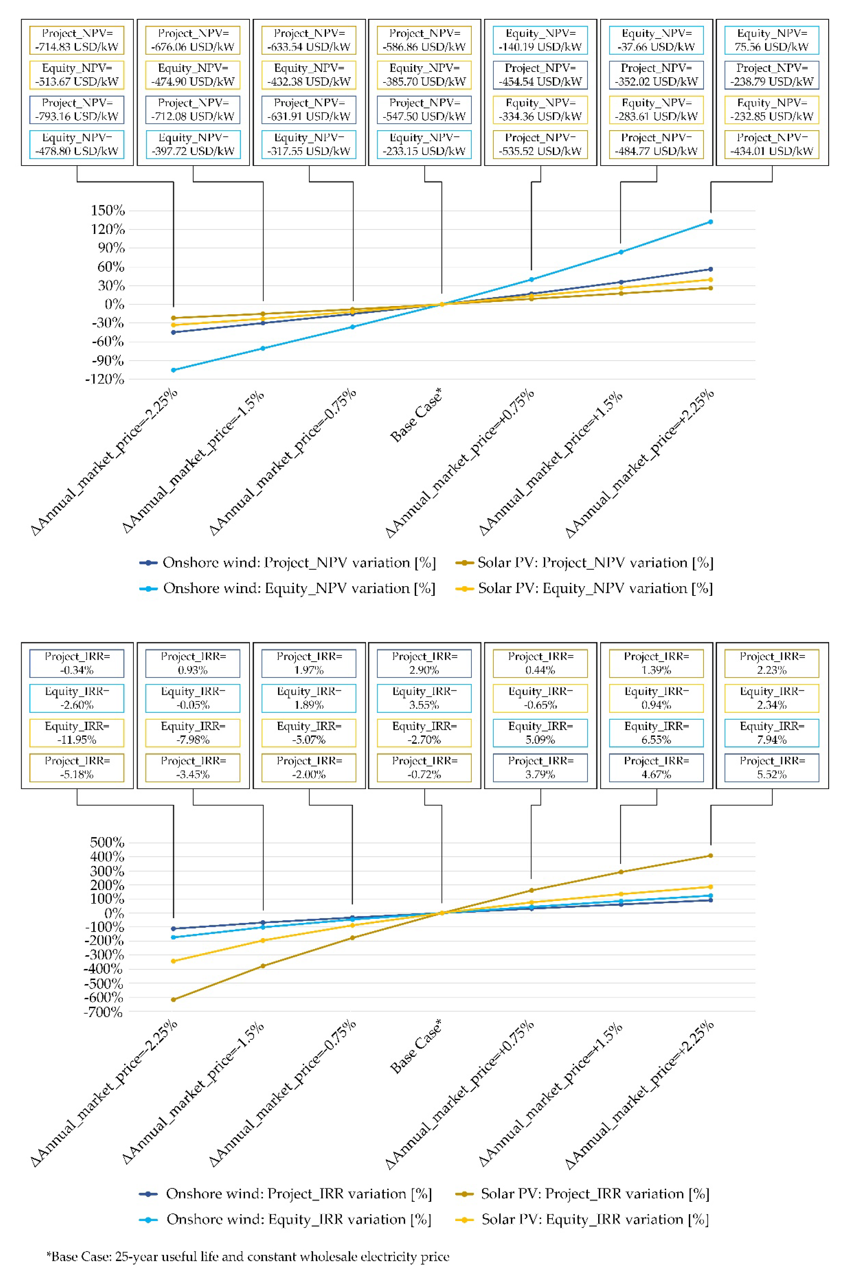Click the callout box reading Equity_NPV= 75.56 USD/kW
point(772,40)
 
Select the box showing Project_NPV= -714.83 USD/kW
point(77,40)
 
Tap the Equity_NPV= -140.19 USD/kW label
point(540,40)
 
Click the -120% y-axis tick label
point(105,379)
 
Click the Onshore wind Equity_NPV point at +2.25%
point(710,222)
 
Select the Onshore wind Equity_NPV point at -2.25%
point(173,370)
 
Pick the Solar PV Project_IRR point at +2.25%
point(710,856)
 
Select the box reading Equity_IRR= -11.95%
point(77,733)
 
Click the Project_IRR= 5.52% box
point(772,768)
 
